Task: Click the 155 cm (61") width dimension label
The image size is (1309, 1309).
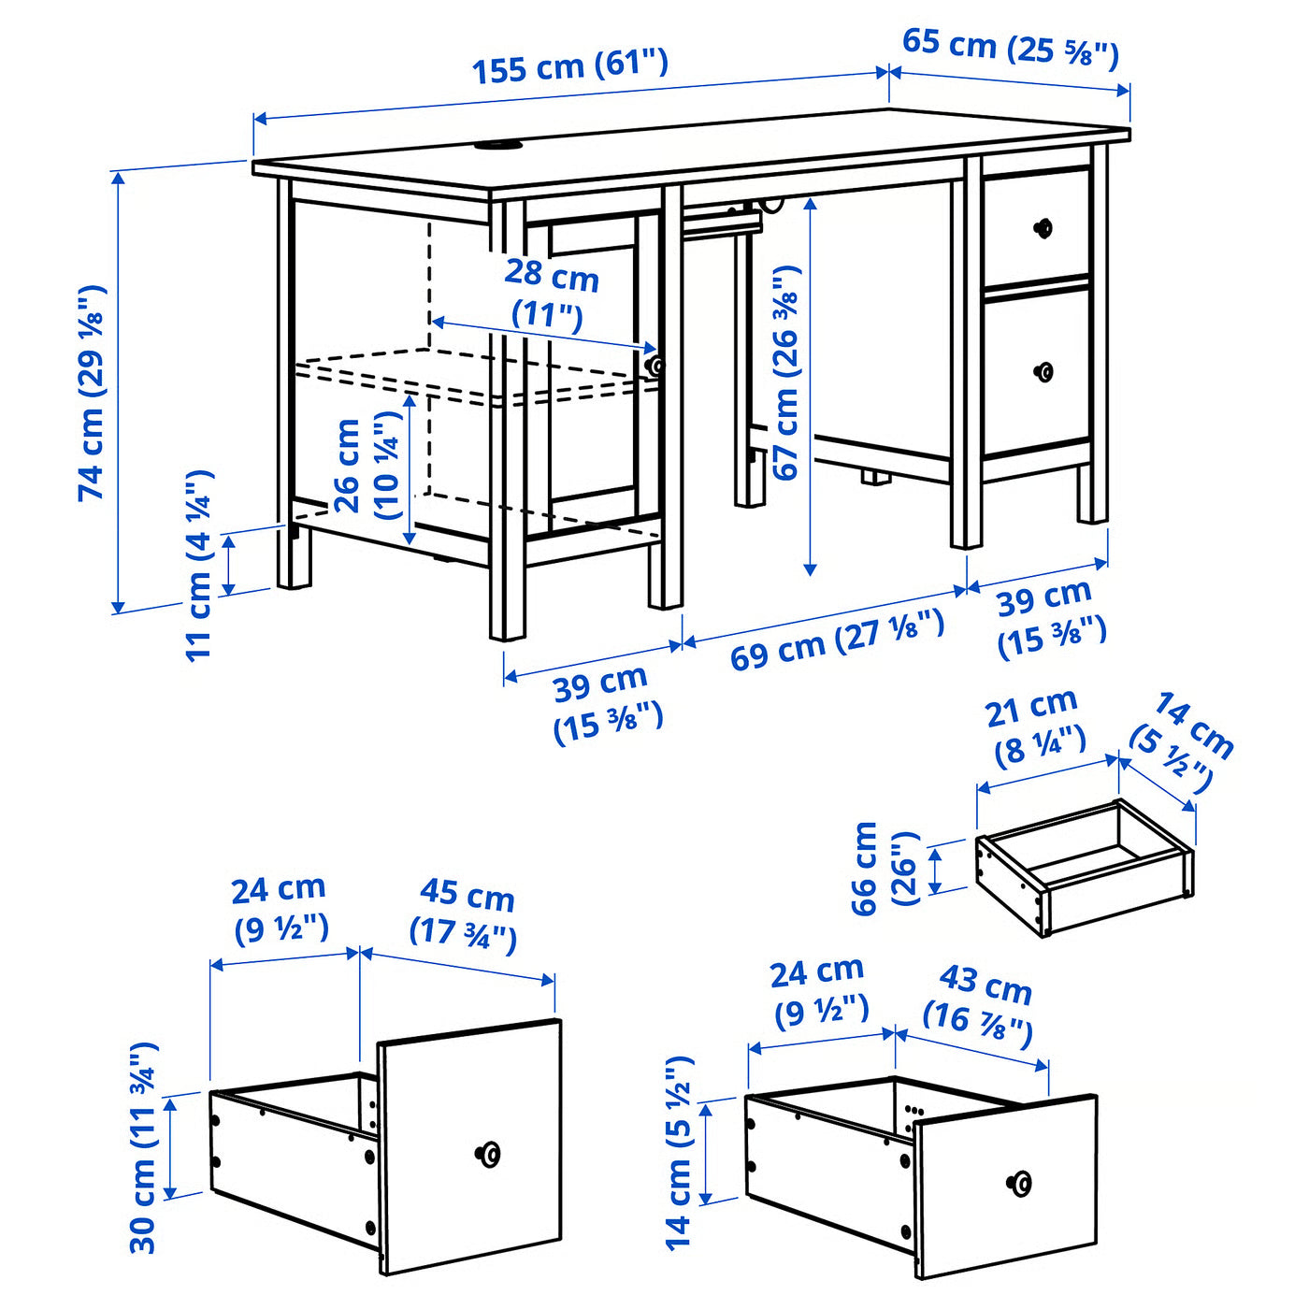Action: click(x=569, y=66)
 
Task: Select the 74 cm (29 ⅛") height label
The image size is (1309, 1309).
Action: click(x=93, y=393)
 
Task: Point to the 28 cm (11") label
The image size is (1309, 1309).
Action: click(x=551, y=294)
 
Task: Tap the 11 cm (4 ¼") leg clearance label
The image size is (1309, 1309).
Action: click(x=200, y=565)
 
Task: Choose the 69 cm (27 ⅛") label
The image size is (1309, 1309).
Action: click(x=837, y=640)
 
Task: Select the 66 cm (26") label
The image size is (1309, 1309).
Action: click(x=885, y=869)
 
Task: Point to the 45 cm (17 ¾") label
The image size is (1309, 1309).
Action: click(x=465, y=913)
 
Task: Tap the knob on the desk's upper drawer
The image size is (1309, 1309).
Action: click(x=1043, y=227)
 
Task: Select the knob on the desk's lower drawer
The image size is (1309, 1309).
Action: click(x=1043, y=372)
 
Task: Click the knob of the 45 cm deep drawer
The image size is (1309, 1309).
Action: click(x=487, y=1154)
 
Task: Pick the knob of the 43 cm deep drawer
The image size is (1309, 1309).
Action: click(x=1020, y=1184)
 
